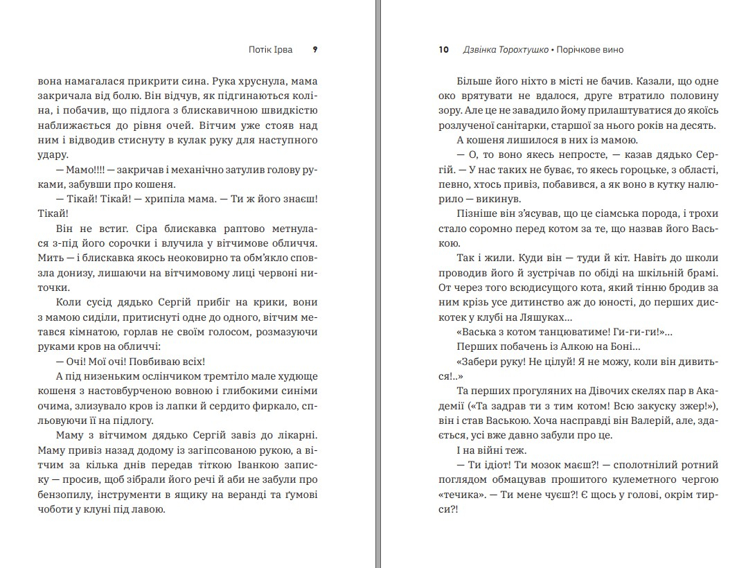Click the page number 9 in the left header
315,50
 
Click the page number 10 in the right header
444,50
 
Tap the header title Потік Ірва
270,50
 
